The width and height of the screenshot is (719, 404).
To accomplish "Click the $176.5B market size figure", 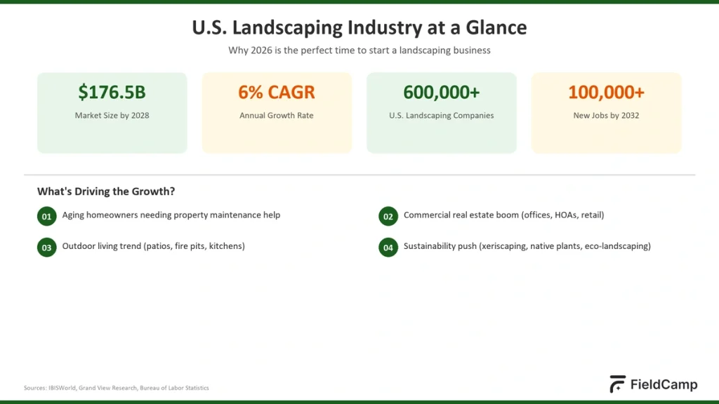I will tap(112, 92).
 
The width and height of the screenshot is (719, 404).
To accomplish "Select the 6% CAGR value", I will tap(276, 92).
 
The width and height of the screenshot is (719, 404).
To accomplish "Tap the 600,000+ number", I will tap(441, 92).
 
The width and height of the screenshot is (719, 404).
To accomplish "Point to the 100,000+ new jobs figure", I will tap(606, 92).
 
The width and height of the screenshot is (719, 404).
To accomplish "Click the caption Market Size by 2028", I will tap(112, 116).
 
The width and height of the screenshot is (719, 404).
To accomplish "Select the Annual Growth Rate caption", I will tap(276, 116).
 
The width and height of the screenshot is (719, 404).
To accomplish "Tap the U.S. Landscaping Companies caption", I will tap(441, 116).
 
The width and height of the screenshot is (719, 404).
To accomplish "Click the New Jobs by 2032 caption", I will tap(606, 116).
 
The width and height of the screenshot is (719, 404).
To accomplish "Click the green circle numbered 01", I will tap(46, 217).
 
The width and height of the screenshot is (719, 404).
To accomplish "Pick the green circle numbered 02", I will tap(388, 217).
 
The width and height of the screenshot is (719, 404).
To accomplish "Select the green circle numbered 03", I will tap(46, 248).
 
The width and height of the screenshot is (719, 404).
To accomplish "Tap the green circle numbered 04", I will tap(388, 248).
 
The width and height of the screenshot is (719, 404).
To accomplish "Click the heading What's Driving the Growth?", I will tap(105, 191).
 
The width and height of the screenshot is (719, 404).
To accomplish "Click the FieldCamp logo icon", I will tap(617, 384).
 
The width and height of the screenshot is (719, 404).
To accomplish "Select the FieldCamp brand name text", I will tap(664, 385).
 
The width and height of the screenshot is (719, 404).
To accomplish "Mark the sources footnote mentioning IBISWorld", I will tap(116, 388).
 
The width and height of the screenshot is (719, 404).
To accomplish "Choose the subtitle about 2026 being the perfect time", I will tap(359, 50).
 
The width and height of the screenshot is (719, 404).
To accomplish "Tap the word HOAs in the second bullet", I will tap(563, 215).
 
